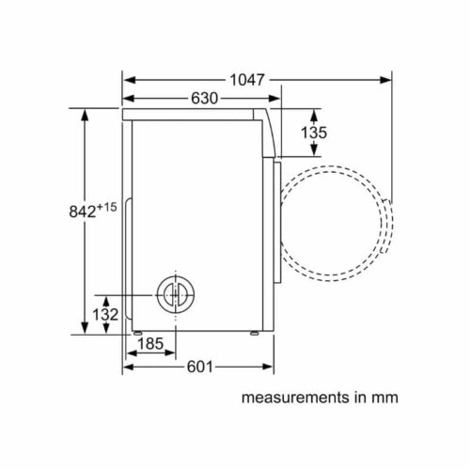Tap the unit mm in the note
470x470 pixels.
386,398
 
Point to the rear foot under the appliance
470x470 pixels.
138,333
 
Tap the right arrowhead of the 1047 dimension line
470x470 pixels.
386,81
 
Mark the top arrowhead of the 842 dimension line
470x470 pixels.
86,114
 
